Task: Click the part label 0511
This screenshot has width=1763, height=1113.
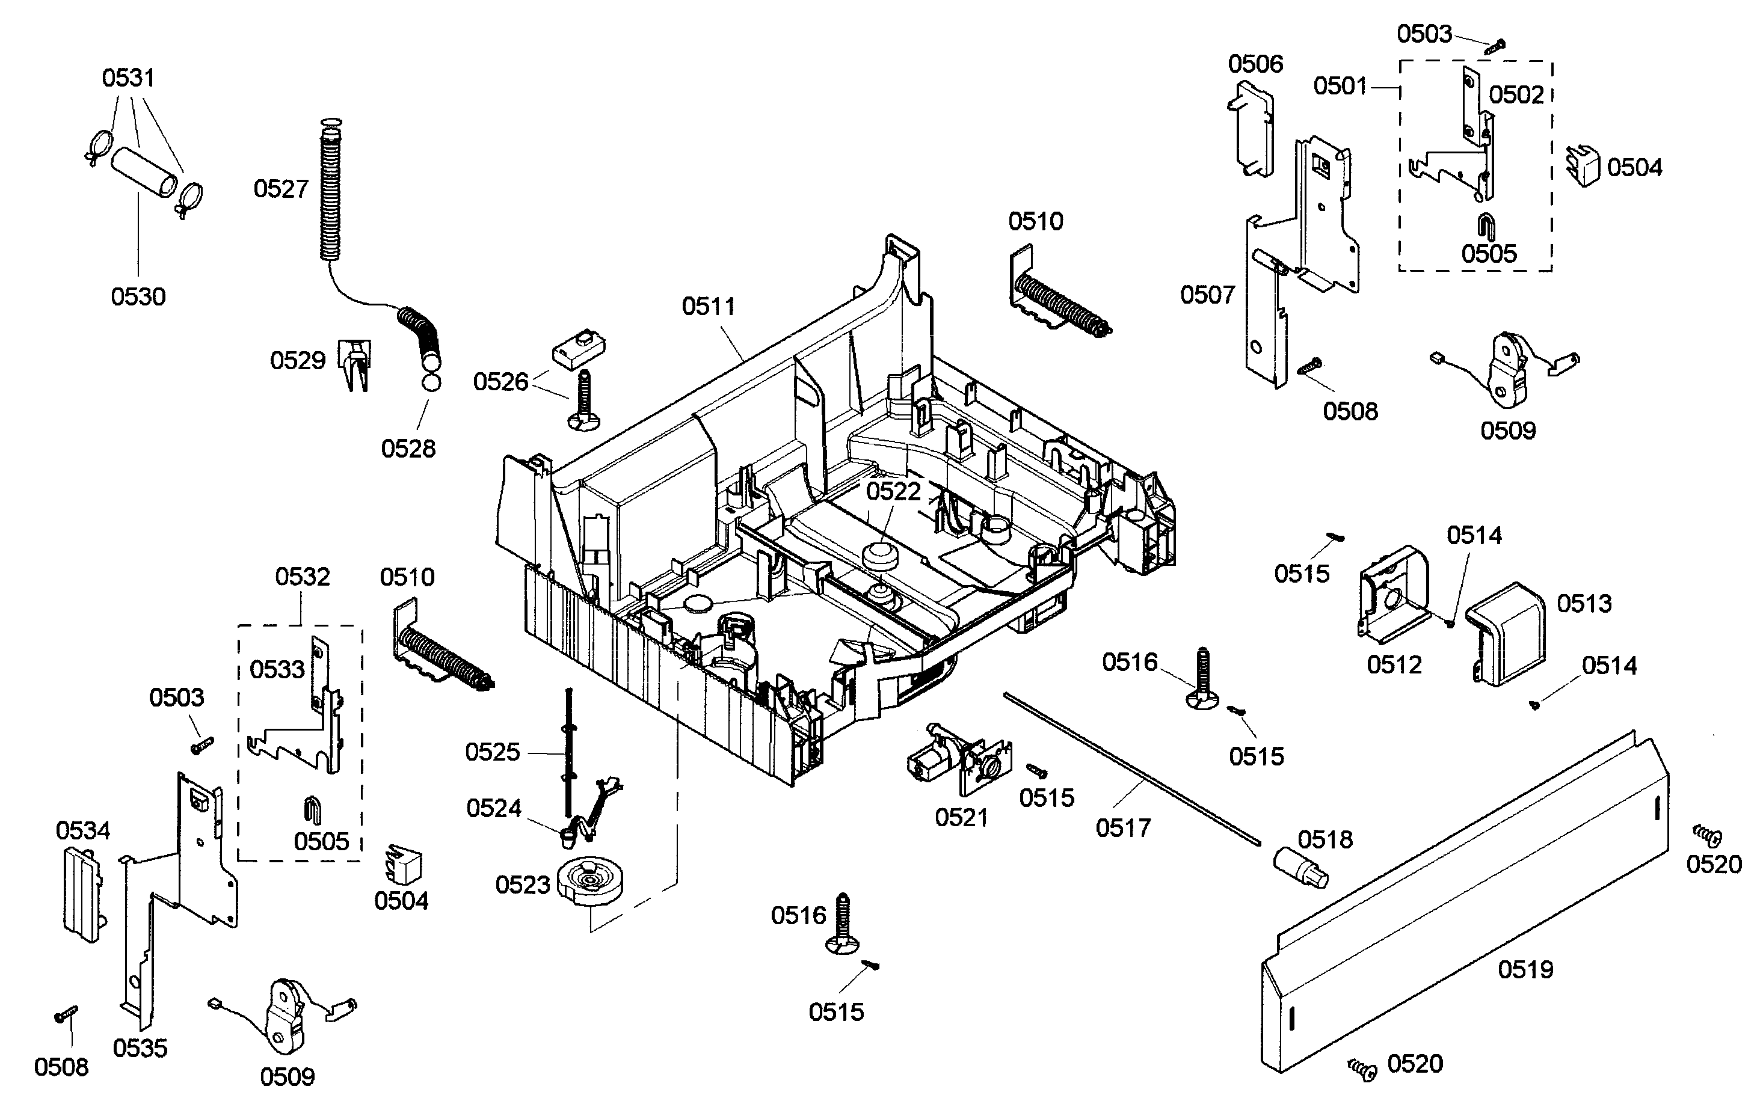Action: point(708,306)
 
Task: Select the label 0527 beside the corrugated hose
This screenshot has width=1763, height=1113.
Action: point(281,189)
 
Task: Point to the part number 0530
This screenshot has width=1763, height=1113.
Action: point(138,296)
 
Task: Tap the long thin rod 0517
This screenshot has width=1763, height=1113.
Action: point(1133,768)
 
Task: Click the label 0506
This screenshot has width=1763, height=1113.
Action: point(1255,64)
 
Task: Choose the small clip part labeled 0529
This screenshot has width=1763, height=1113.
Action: point(355,364)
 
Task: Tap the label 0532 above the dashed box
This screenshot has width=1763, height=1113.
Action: point(303,577)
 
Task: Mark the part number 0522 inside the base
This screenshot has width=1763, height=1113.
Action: point(893,491)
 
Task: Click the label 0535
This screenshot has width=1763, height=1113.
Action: point(140,1048)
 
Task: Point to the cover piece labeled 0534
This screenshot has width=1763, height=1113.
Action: point(81,894)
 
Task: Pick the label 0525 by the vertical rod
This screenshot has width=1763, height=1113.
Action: point(493,752)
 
